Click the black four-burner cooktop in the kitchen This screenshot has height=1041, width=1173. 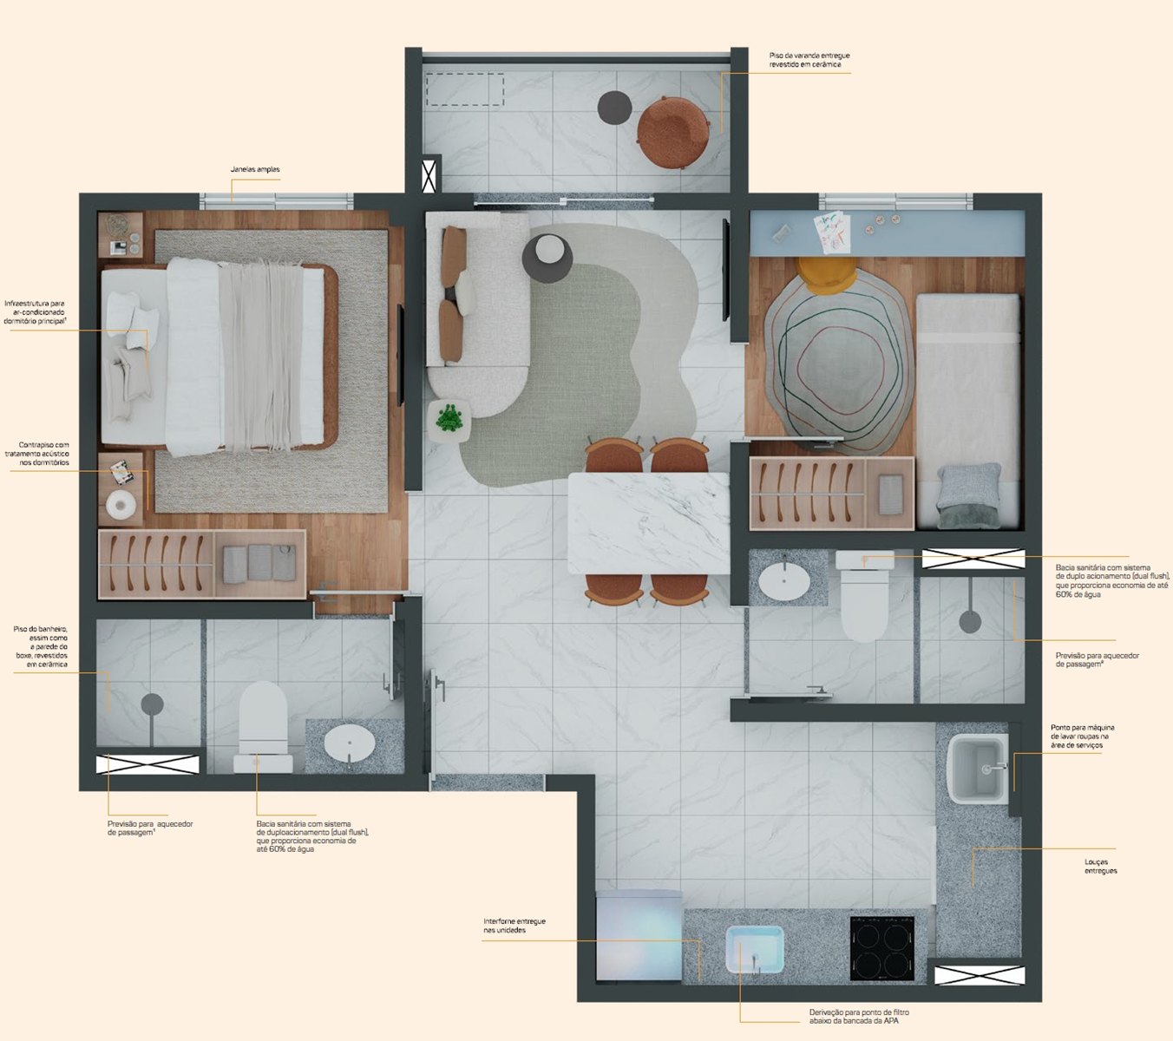tap(881, 948)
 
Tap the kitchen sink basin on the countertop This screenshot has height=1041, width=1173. tap(755, 950)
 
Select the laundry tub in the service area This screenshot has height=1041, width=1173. tap(978, 769)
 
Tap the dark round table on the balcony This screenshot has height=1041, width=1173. tap(614, 107)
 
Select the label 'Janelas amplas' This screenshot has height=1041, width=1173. tap(255, 170)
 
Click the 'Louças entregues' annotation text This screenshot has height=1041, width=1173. tap(1101, 866)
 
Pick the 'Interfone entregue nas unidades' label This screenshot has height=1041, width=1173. tap(514, 926)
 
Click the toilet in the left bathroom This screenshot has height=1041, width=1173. tap(264, 726)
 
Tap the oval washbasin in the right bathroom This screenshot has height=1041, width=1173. tap(784, 583)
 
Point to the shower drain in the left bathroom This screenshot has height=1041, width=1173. tap(153, 704)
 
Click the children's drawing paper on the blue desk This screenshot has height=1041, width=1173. tap(833, 232)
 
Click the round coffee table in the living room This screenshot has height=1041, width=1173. tap(547, 259)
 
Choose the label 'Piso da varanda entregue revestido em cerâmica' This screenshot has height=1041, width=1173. tap(809, 60)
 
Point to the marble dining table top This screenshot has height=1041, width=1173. tap(648, 523)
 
